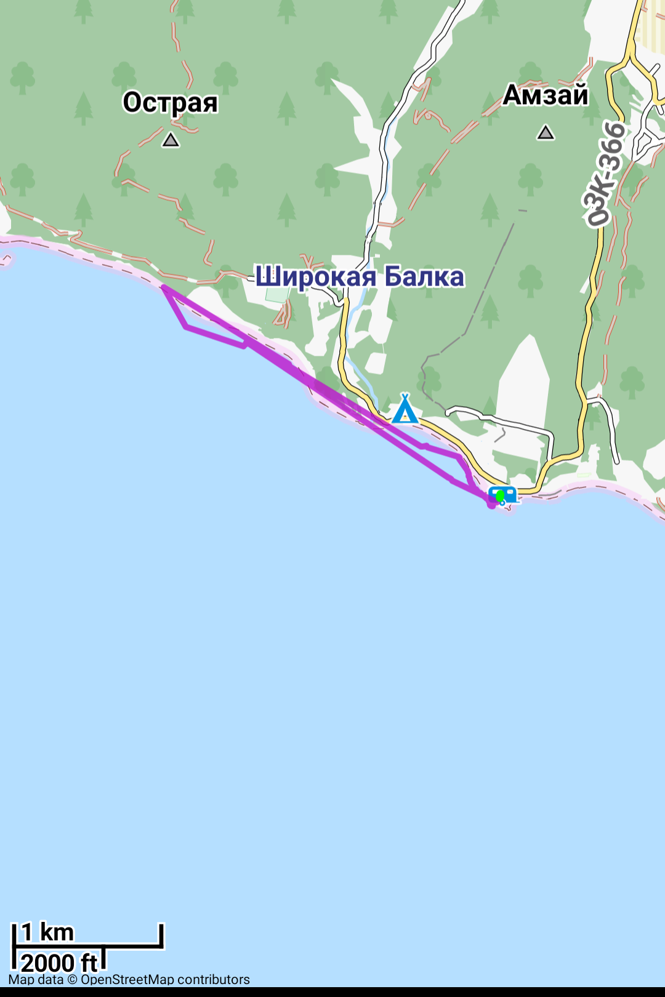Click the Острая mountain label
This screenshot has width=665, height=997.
[x=170, y=103]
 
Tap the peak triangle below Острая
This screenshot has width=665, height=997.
[x=171, y=140]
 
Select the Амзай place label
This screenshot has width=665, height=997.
[x=546, y=95]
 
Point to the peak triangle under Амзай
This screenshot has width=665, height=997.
[x=546, y=132]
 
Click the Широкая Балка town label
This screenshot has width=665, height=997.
[x=360, y=277]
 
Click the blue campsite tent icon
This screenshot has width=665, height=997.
[x=405, y=409]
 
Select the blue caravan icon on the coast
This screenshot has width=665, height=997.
[x=503, y=495]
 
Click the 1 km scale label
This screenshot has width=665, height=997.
[x=47, y=933]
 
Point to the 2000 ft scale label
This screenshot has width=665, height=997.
[x=59, y=963]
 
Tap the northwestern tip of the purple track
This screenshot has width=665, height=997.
[x=164, y=287]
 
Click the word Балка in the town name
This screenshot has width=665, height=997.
[x=424, y=277]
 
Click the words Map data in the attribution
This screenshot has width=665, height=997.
[x=36, y=980]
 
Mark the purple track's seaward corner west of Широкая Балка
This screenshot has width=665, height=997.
[x=186, y=327]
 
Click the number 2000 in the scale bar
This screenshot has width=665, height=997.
[x=49, y=963]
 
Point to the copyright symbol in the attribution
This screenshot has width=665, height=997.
[x=72, y=980]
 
